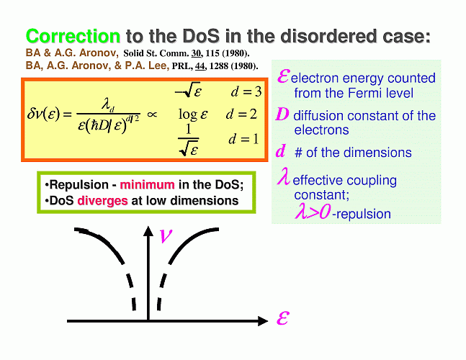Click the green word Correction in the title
pos(73,36)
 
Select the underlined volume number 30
pos(197,53)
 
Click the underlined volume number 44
pos(200,66)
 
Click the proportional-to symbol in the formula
pos(152,114)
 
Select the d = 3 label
pos(246,91)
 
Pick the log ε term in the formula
pos(193,114)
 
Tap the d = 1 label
pos(243,139)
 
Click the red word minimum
pos(147,185)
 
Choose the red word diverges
pos(102,201)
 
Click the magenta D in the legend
pos(282,114)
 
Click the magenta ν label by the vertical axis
pos(166,236)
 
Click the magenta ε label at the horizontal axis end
pos(282,318)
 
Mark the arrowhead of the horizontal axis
pos(263,321)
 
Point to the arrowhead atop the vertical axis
pos(148,231)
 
